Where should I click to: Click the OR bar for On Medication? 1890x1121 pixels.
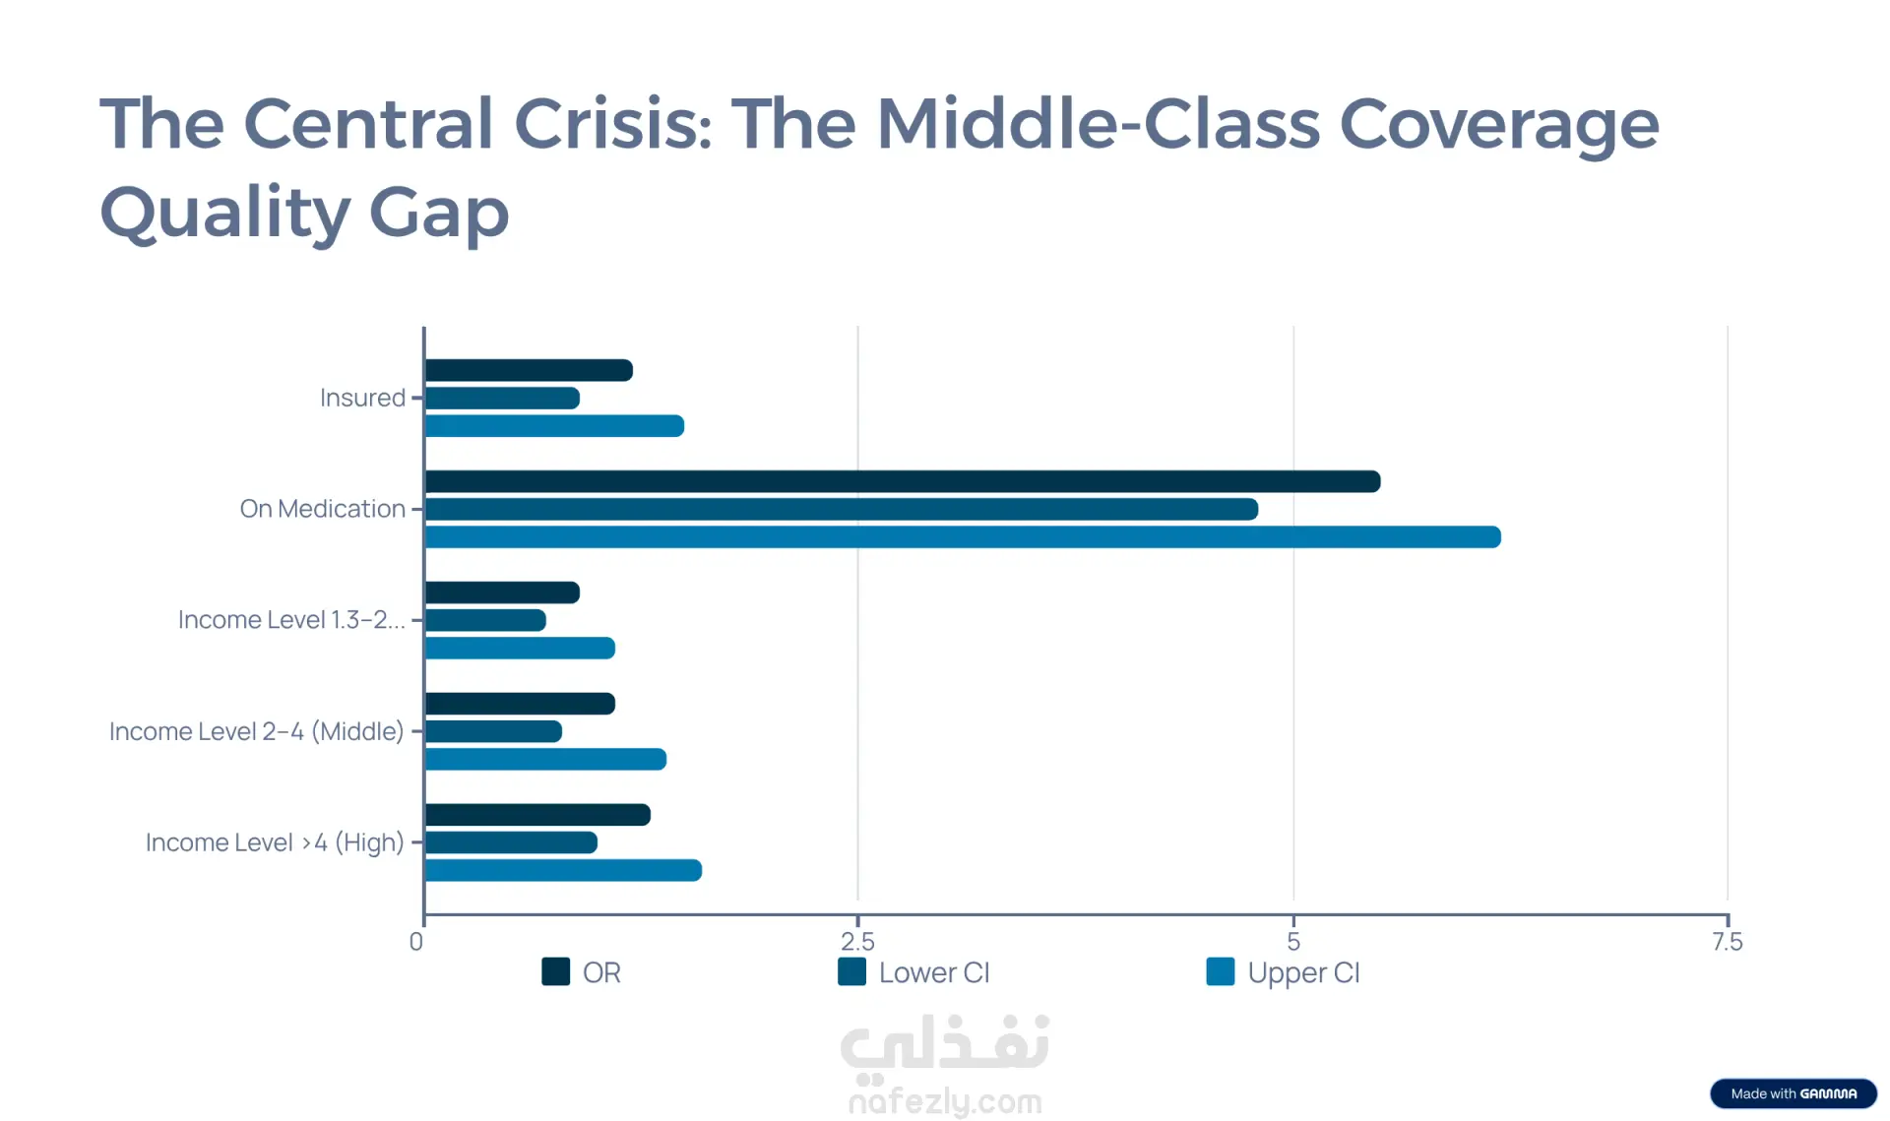click(x=902, y=481)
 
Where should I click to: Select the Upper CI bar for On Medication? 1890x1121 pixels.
click(x=962, y=537)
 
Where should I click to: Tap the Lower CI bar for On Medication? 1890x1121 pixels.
click(x=841, y=509)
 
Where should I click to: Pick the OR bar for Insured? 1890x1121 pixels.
click(x=529, y=371)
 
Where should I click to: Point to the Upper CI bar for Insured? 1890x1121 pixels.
click(x=554, y=426)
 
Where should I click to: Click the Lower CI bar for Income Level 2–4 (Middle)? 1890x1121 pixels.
click(x=493, y=731)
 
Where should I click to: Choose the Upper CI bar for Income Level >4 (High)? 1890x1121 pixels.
click(x=563, y=870)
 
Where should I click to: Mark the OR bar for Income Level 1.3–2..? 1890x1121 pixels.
click(x=502, y=592)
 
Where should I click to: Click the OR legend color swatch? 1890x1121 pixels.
click(x=556, y=971)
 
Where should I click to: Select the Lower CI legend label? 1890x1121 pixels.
click(x=933, y=972)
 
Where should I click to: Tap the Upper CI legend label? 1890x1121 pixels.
click(x=1302, y=972)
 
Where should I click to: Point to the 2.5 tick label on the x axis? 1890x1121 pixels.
click(x=857, y=942)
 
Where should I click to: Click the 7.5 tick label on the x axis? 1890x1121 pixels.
click(x=1727, y=942)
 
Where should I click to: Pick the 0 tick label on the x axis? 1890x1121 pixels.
click(x=416, y=942)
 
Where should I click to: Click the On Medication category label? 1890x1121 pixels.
click(x=322, y=509)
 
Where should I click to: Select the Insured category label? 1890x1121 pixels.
click(x=362, y=398)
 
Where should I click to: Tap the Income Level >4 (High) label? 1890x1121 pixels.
click(x=275, y=842)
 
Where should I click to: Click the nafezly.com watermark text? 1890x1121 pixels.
click(x=945, y=1101)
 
